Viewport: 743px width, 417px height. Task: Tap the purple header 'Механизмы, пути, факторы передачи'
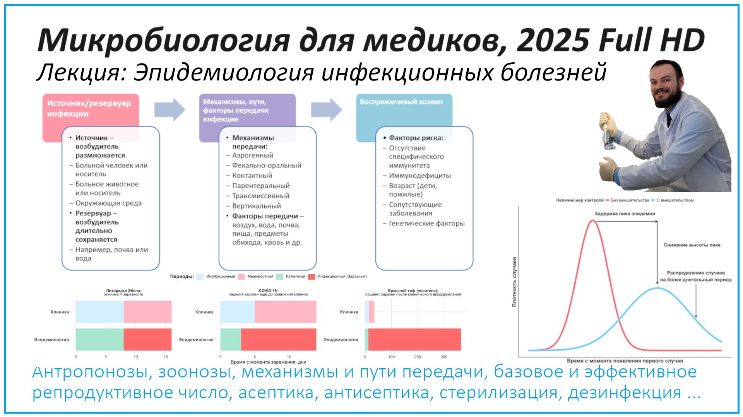coord(236,110)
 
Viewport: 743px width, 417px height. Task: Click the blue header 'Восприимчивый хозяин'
coord(401,102)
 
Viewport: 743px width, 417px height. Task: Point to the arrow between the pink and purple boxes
coord(169,110)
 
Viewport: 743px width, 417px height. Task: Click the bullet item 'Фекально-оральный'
coord(266,166)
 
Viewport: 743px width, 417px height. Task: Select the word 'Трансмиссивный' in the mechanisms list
coord(260,196)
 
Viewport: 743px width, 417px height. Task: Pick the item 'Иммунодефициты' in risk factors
coord(419,176)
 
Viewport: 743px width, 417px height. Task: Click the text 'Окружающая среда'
coord(108,203)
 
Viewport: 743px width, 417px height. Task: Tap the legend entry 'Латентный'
coord(295,277)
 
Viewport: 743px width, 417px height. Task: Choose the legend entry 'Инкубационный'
coord(220,277)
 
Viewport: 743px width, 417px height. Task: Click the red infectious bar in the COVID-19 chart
coord(278,339)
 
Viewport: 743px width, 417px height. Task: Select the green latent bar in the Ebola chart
coord(99,339)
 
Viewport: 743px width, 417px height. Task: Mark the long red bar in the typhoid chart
coord(414,339)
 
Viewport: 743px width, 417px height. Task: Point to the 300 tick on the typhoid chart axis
coord(443,357)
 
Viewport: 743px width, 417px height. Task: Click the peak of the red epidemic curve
coord(592,220)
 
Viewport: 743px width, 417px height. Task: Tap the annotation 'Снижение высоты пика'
coord(692,245)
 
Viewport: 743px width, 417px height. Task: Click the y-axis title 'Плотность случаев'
coord(514,282)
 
